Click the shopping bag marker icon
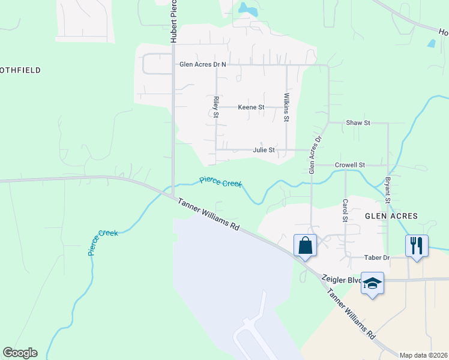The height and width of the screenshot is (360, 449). [305, 245]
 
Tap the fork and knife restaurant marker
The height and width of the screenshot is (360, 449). [417, 245]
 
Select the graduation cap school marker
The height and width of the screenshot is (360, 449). [372, 283]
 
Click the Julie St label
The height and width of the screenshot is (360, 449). [264, 150]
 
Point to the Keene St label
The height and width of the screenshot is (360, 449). [251, 107]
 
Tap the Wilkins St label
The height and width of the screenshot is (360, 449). [287, 107]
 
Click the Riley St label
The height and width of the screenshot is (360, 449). [215, 107]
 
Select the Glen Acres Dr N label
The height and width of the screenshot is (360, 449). [203, 64]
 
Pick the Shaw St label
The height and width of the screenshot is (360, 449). [358, 122]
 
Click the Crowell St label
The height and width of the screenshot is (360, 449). [350, 164]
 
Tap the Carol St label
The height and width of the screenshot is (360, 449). [345, 211]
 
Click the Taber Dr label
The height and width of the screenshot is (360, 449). [378, 257]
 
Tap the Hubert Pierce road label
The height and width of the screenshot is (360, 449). [173, 22]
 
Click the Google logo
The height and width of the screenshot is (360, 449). [20, 353]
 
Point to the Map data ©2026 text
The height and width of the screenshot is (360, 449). [423, 355]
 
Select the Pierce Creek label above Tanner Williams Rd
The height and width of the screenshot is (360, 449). [220, 181]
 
